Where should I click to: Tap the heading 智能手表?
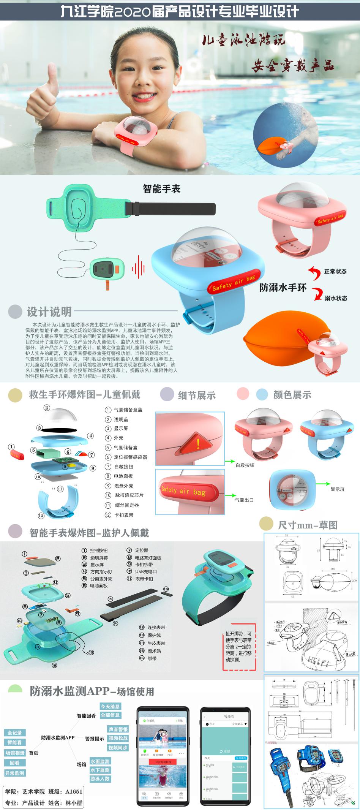tap(161, 189)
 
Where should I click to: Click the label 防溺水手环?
tap(283, 288)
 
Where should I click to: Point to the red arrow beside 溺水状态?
tap(316, 294)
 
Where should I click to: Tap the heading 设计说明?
tap(49, 312)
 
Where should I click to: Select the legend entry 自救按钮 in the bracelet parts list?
tap(123, 467)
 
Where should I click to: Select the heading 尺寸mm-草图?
tap(308, 525)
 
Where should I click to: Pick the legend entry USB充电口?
tap(146, 571)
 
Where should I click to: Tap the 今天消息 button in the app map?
tap(110, 706)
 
